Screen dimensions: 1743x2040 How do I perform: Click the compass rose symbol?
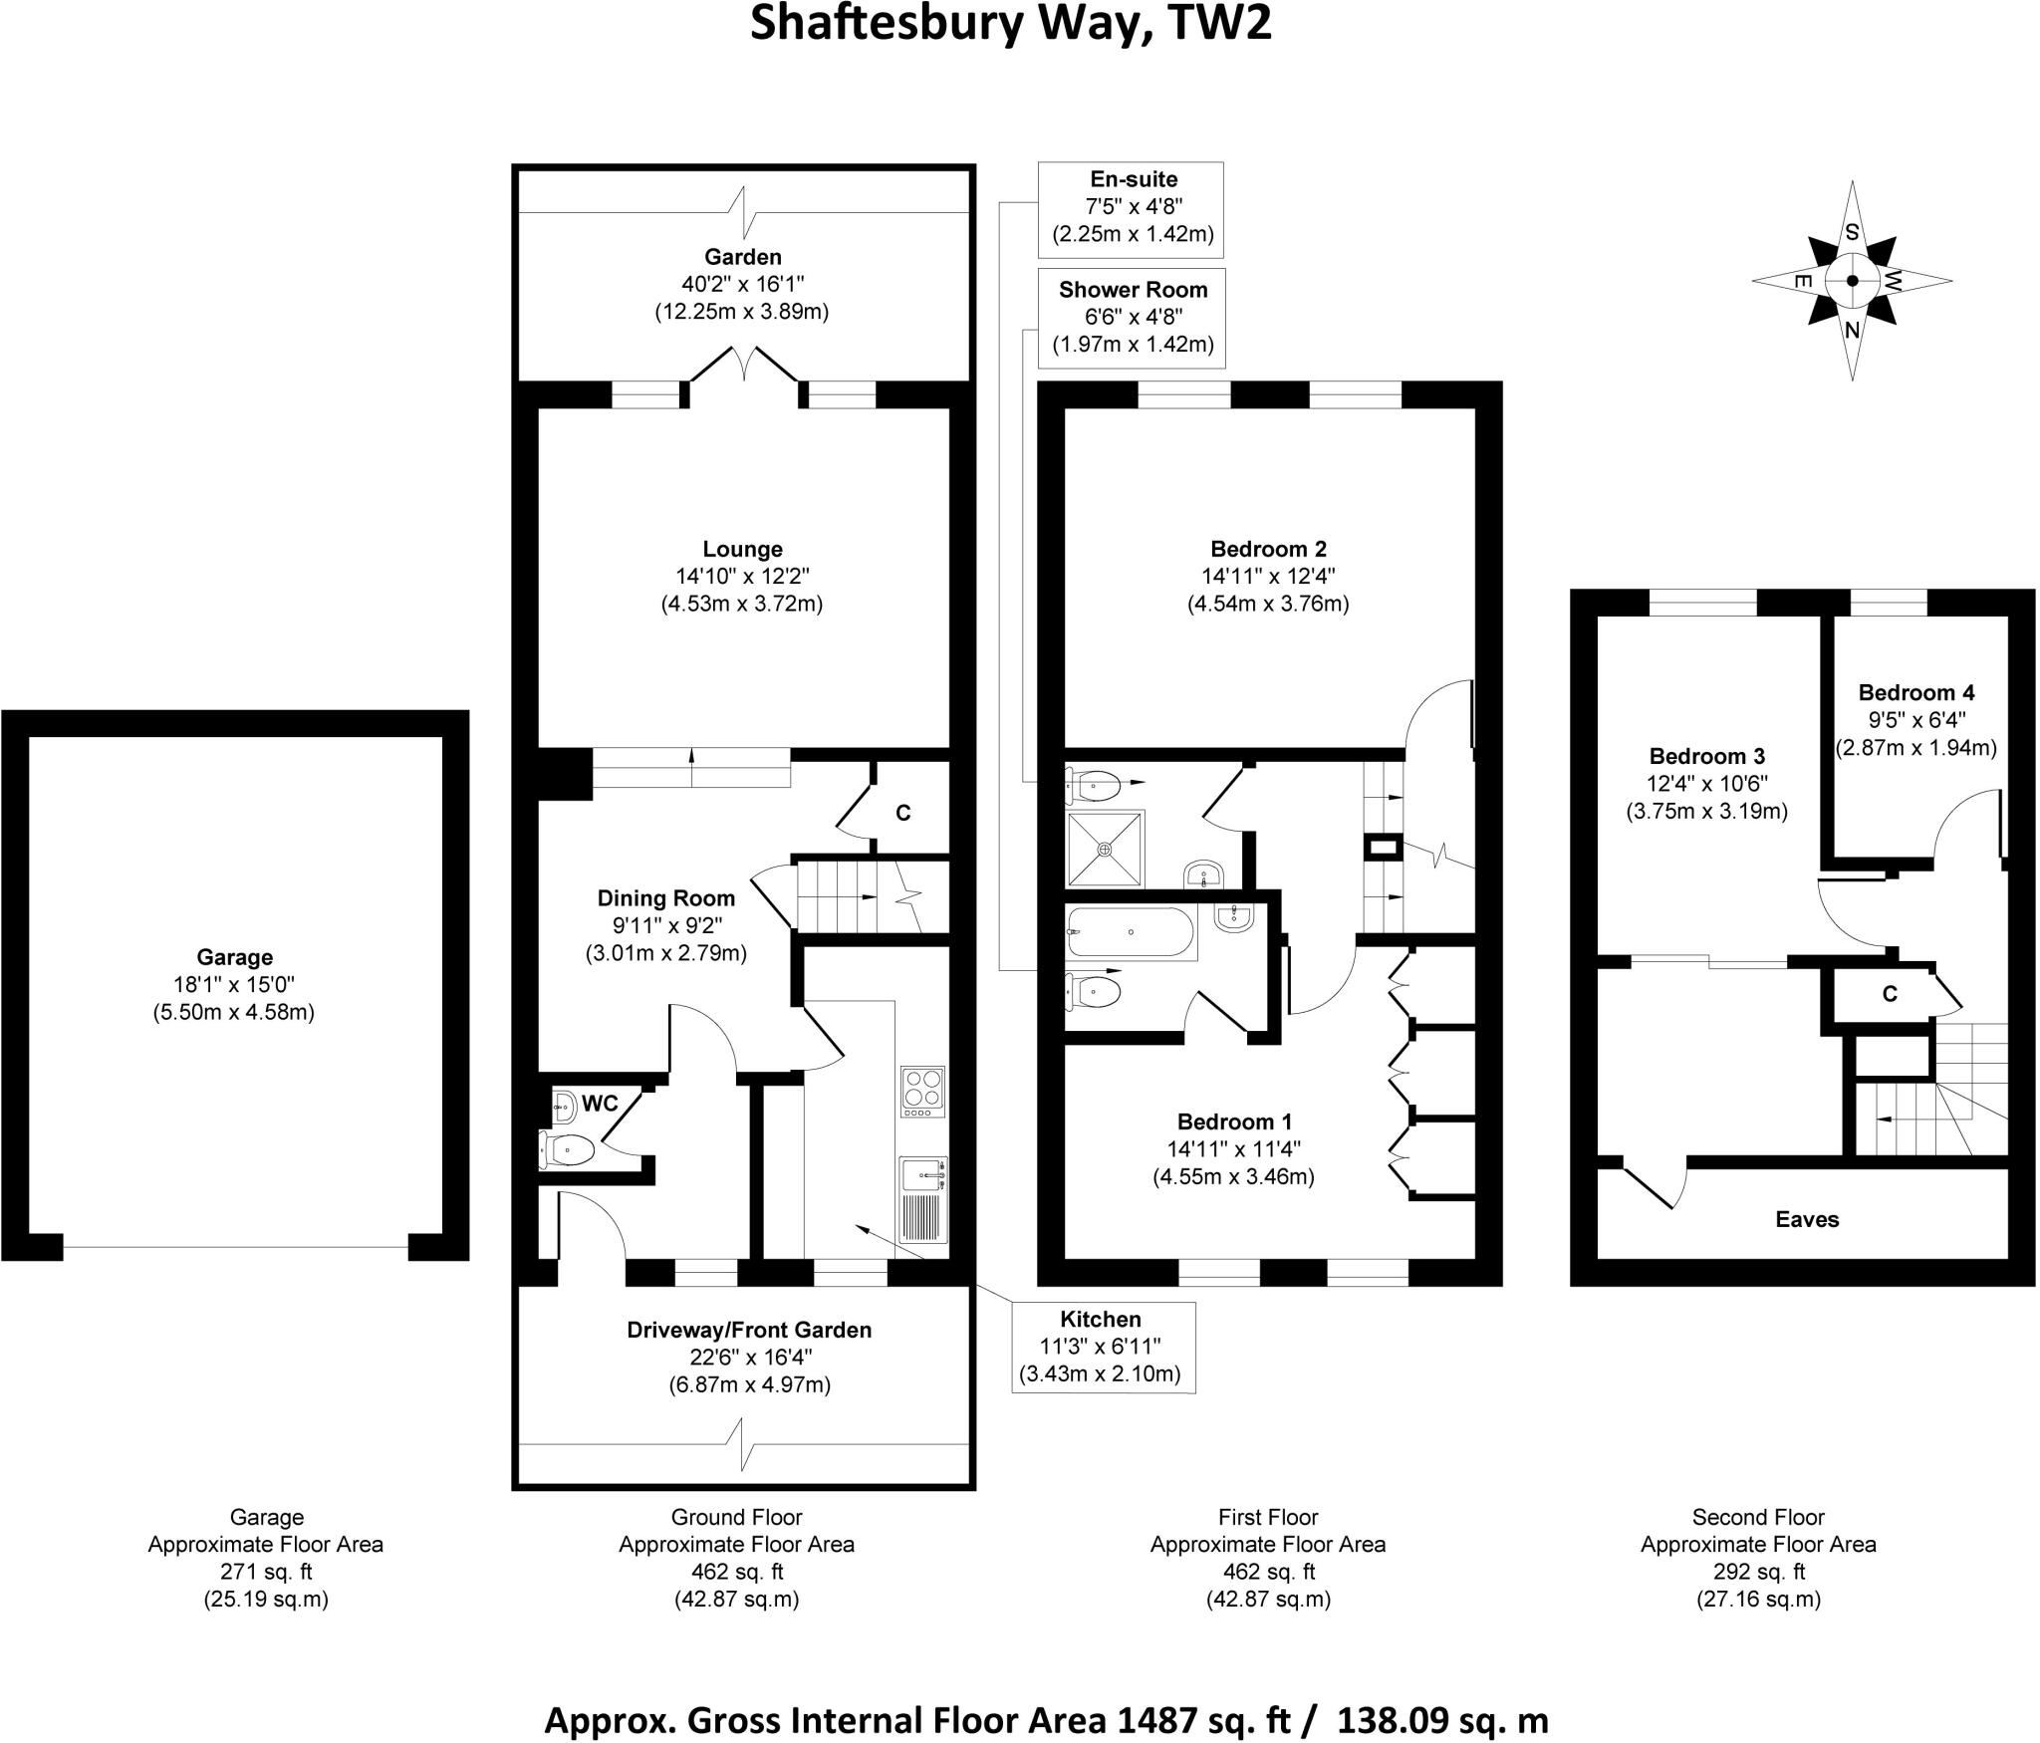[x=1852, y=281]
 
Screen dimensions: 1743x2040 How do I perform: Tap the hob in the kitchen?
[x=921, y=1092]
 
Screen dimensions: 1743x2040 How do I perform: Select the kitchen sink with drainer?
[x=922, y=1199]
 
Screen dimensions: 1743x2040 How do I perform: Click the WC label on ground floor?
[x=600, y=1104]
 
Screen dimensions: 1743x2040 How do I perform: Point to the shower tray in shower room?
[x=1105, y=849]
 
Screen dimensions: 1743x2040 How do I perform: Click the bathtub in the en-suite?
[x=1131, y=932]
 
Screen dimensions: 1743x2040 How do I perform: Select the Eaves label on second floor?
[x=1807, y=1219]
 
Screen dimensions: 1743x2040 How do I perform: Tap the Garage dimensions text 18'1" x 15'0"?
[x=234, y=985]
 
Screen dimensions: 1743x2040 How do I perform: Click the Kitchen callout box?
[x=1102, y=1347]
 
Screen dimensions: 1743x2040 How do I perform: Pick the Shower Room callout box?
[x=1133, y=317]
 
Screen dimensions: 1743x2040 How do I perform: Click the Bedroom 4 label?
[x=1915, y=692]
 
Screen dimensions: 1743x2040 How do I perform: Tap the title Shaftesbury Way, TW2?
[x=1010, y=24]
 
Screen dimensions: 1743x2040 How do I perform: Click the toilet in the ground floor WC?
[x=567, y=1149]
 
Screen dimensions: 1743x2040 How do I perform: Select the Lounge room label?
[x=742, y=549]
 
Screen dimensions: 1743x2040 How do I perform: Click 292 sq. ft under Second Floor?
[x=1757, y=1572]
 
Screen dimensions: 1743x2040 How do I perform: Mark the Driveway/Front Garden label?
[x=749, y=1330]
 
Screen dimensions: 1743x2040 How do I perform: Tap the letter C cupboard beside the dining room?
[x=902, y=813]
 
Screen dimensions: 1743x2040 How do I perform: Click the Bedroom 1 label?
[x=1234, y=1121]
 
